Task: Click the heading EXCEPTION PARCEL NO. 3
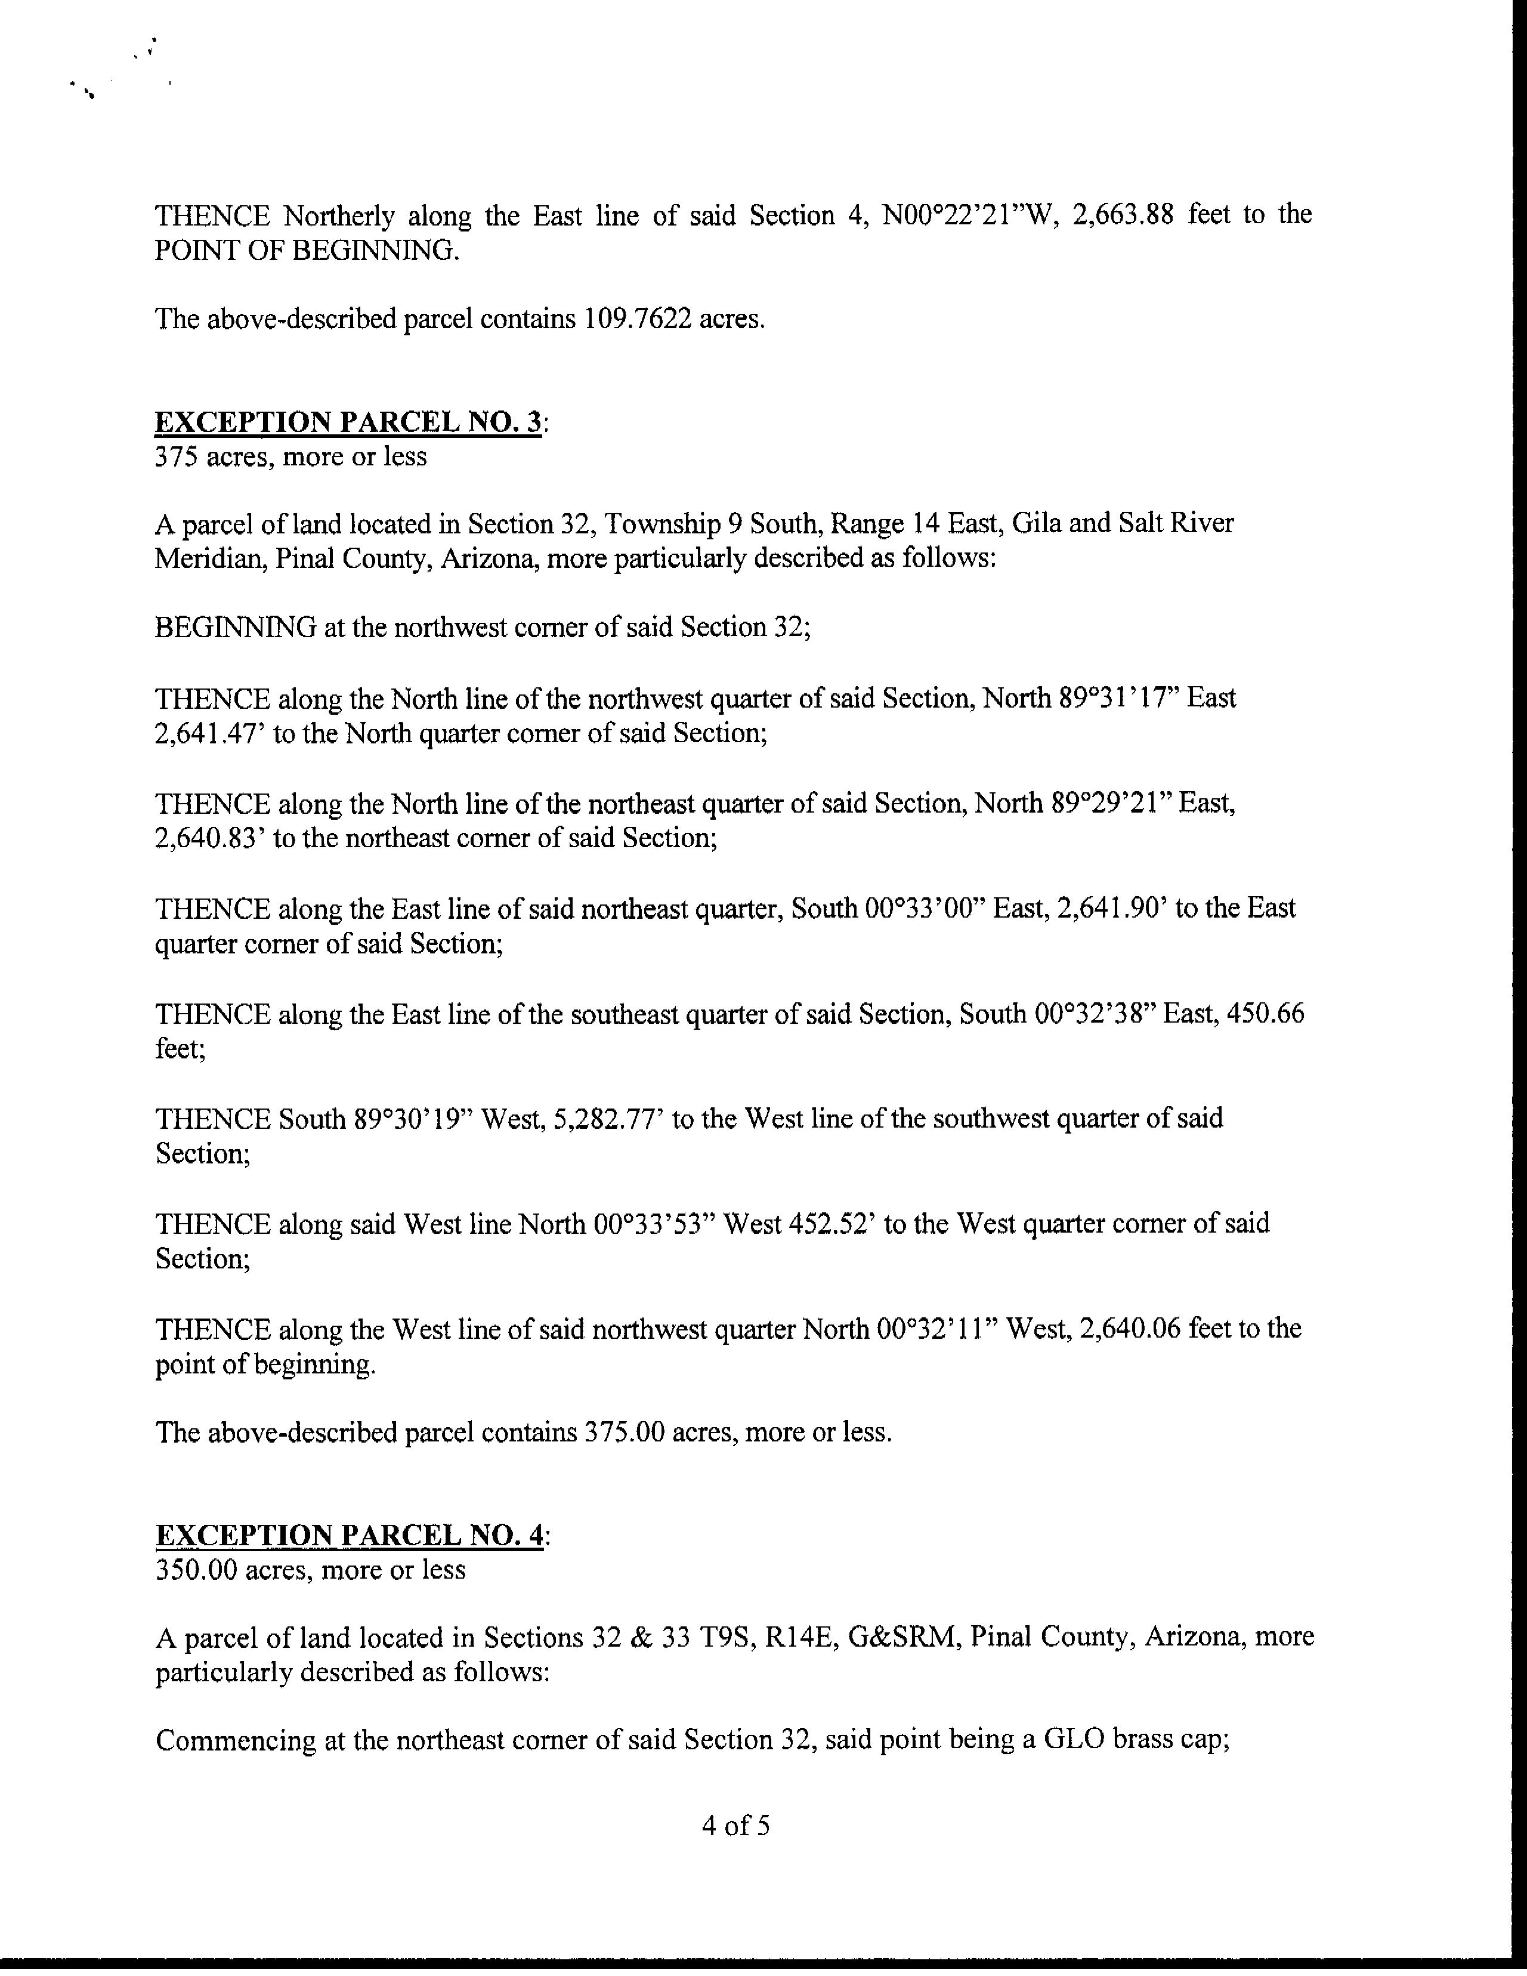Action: coord(348,422)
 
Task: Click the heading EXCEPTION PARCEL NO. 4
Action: coord(348,1535)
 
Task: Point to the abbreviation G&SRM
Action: coord(903,1638)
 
